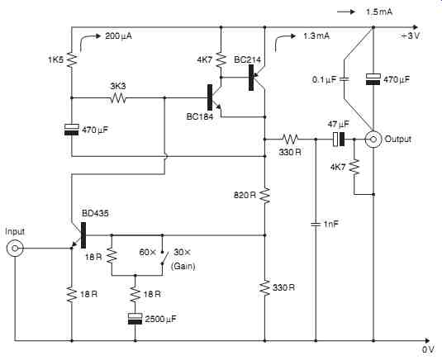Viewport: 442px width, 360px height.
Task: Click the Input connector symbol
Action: pos(15,249)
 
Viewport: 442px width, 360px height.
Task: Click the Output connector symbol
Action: pos(373,139)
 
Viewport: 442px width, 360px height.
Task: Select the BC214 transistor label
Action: pos(248,59)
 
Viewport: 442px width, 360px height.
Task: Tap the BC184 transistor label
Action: pos(200,116)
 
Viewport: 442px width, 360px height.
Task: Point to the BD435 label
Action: pos(95,213)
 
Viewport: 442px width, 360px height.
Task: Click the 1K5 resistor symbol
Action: pos(72,59)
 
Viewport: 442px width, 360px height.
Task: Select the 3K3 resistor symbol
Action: pos(118,98)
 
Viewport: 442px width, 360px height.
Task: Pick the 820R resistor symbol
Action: pos(265,195)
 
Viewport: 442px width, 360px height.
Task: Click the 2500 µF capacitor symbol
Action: pos(135,319)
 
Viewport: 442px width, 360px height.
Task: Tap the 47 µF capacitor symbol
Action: pos(339,139)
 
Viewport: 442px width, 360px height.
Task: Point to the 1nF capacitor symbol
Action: pos(316,225)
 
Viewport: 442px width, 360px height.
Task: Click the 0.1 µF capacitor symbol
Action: pos(344,79)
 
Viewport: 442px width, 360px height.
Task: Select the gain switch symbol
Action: pos(164,258)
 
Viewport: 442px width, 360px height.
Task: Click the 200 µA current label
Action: pos(118,36)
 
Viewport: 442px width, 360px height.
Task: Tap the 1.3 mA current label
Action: pos(316,36)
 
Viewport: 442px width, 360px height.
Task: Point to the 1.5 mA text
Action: pos(379,12)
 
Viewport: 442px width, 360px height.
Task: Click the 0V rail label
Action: pos(428,349)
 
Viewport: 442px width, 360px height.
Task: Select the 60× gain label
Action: pos(148,252)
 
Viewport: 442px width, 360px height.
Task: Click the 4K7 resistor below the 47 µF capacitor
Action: pos(354,167)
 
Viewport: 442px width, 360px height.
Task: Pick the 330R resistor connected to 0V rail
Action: pos(265,288)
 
